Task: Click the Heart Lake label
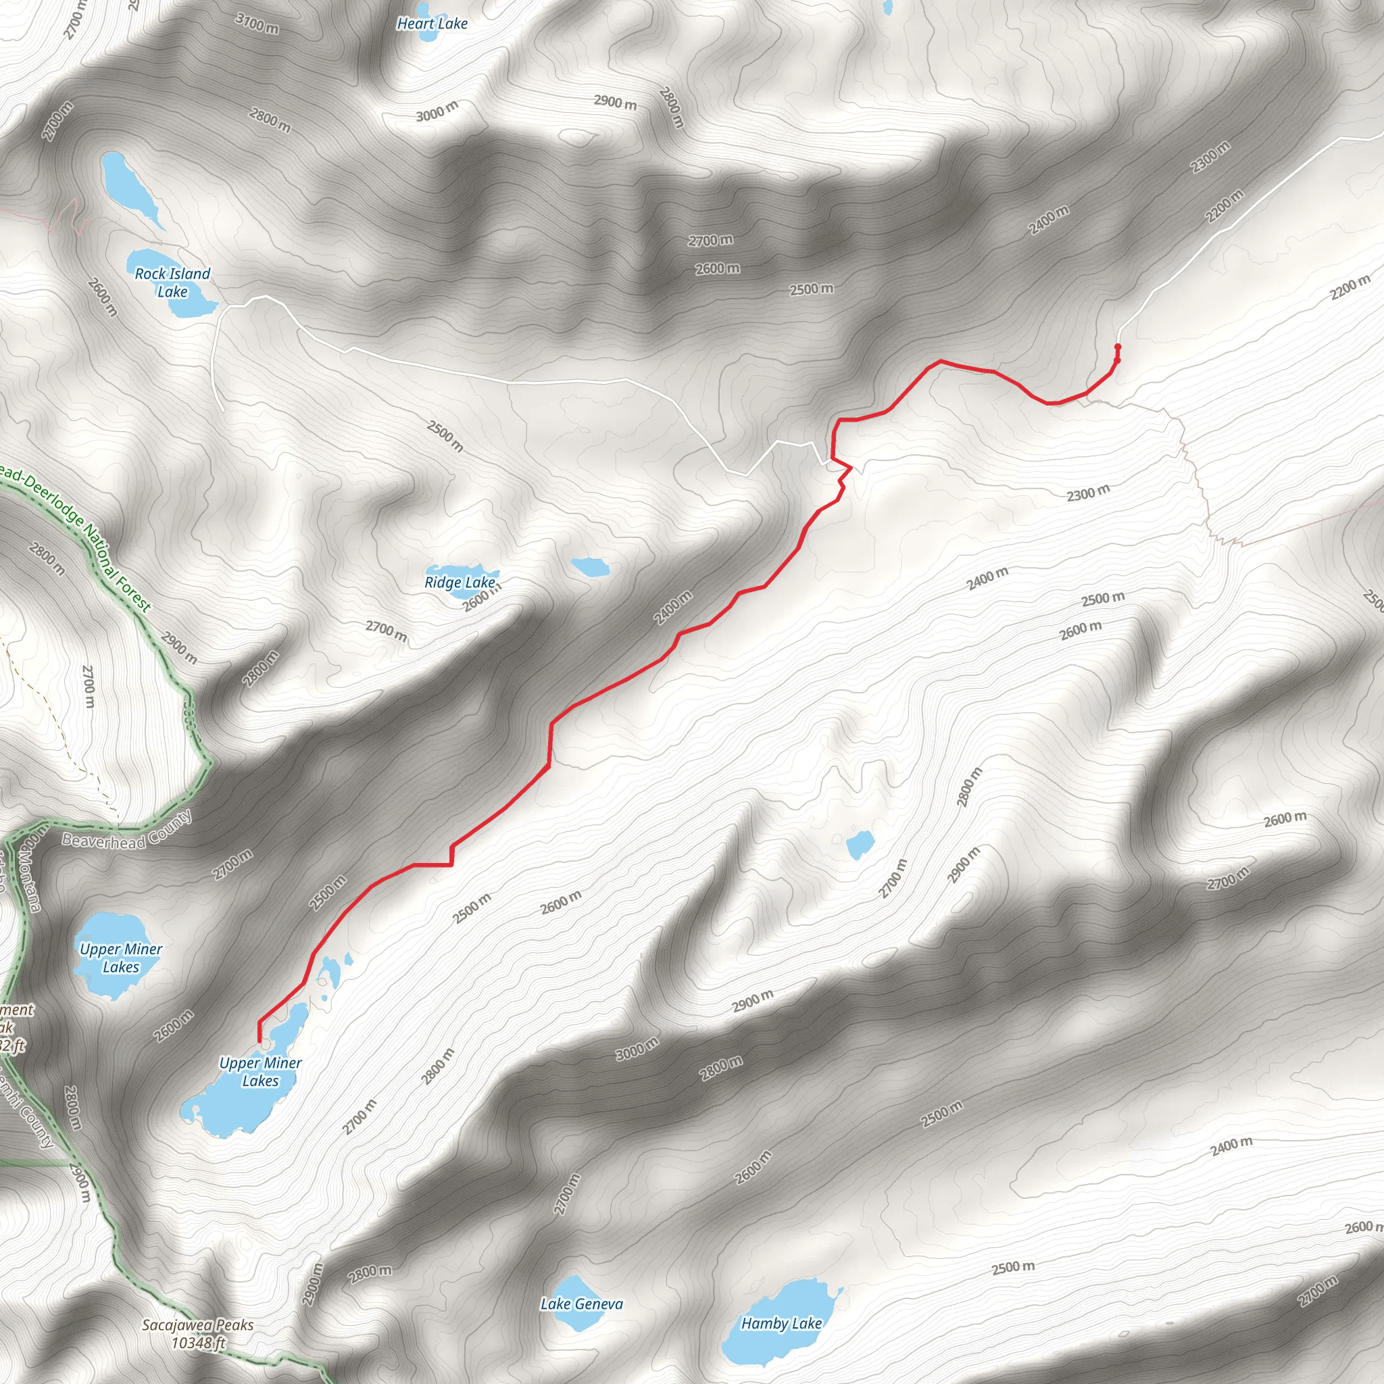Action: pos(432,24)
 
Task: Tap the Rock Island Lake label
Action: pos(172,282)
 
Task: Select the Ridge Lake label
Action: pos(459,583)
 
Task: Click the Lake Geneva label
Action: pos(582,1304)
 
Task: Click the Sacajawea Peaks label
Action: pos(198,1325)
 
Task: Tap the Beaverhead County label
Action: pos(127,831)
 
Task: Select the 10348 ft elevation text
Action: pos(199,1343)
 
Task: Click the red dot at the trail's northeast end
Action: pos(1118,347)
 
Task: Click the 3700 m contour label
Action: pos(257,24)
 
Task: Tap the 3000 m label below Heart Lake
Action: pos(437,111)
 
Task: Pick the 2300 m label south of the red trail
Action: pos(1088,493)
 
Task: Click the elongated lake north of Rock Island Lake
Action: pos(129,184)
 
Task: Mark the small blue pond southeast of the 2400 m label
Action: pos(860,845)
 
